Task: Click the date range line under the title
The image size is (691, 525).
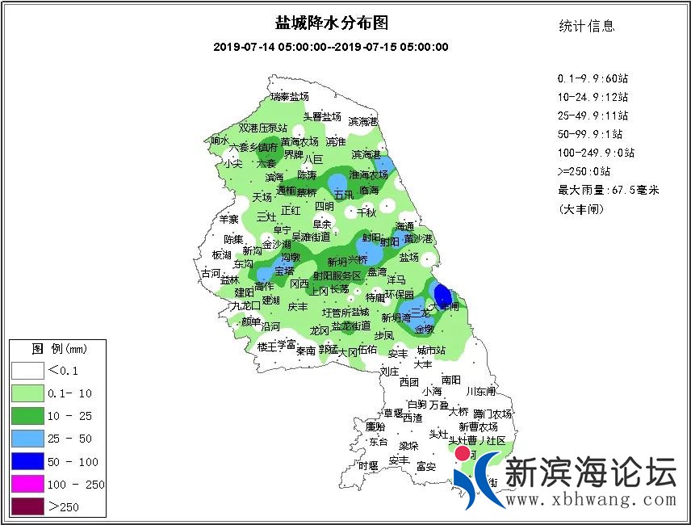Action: [331, 47]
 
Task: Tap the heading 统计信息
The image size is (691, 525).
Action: [587, 26]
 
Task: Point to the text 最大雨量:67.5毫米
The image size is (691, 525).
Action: [609, 191]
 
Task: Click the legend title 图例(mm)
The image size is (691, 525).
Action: [58, 349]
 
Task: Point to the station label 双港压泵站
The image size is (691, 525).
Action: [263, 128]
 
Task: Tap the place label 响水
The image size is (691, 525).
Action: [220, 141]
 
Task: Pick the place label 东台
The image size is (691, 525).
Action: [378, 442]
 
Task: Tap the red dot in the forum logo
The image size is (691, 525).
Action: [463, 454]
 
